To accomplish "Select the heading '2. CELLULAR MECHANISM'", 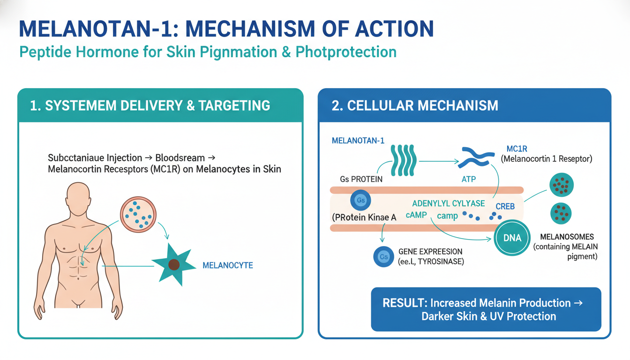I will tap(415, 105).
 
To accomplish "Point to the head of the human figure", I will tap(78, 195).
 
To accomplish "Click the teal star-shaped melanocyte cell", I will tap(174, 264).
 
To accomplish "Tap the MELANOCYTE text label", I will tap(227, 265).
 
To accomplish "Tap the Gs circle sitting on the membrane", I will tap(360, 201).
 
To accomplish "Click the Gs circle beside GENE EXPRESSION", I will tap(383, 257).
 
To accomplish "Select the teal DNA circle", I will tap(512, 238).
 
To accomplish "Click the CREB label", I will tap(505, 207).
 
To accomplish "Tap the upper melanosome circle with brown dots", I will tap(562, 186).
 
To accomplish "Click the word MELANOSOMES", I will tap(567, 237).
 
